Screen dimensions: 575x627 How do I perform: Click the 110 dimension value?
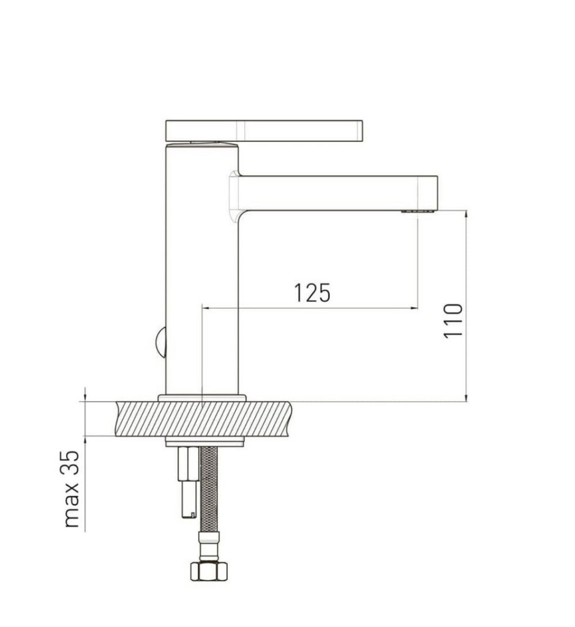click(453, 321)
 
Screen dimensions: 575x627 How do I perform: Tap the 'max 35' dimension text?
click(71, 489)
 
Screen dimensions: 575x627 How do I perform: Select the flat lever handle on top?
click(264, 131)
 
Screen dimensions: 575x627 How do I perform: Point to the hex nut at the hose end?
click(208, 571)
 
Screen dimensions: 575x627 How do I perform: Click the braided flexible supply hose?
click(208, 488)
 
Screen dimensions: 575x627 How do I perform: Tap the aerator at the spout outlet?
click(418, 211)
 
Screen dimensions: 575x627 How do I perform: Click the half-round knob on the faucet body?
click(160, 342)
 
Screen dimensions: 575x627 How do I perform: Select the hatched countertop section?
click(204, 419)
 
